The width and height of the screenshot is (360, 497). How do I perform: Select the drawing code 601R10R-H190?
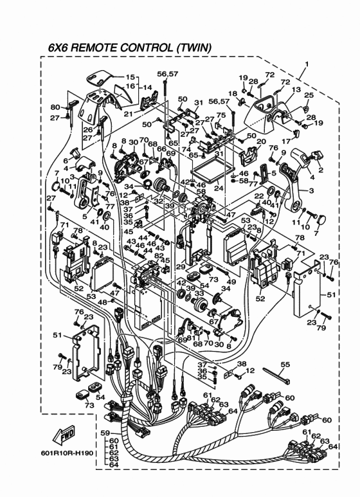(67, 453)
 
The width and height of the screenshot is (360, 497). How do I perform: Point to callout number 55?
(285, 365)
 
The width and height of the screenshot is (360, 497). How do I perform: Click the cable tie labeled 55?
(276, 375)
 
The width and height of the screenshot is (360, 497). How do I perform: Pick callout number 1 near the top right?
(307, 64)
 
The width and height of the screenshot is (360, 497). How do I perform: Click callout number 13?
(296, 90)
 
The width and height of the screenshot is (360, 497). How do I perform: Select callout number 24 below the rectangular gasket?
(219, 188)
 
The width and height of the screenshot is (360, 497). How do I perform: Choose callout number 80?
(55, 107)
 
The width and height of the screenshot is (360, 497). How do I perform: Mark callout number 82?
(159, 255)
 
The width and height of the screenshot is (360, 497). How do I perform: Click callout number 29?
(181, 267)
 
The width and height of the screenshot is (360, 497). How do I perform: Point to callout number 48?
(102, 302)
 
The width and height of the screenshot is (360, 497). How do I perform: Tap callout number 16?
(130, 86)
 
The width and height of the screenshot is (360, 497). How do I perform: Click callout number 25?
(309, 95)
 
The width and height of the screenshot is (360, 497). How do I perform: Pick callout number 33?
(199, 294)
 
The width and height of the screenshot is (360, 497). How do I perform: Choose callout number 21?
(129, 114)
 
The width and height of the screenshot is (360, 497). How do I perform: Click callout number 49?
(231, 282)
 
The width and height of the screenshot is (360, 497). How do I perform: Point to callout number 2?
(321, 170)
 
